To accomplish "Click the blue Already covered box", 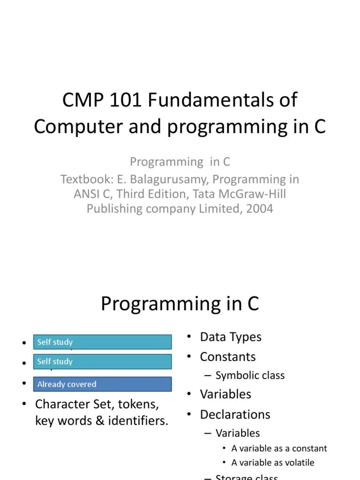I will tap(102, 384).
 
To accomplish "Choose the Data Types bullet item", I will tap(230, 337).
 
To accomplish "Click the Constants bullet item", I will tap(227, 357).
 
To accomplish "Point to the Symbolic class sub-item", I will tap(250, 375).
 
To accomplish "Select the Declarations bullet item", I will tap(235, 414).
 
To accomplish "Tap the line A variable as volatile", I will tap(273, 463).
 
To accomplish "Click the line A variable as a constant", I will tap(279, 448).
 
